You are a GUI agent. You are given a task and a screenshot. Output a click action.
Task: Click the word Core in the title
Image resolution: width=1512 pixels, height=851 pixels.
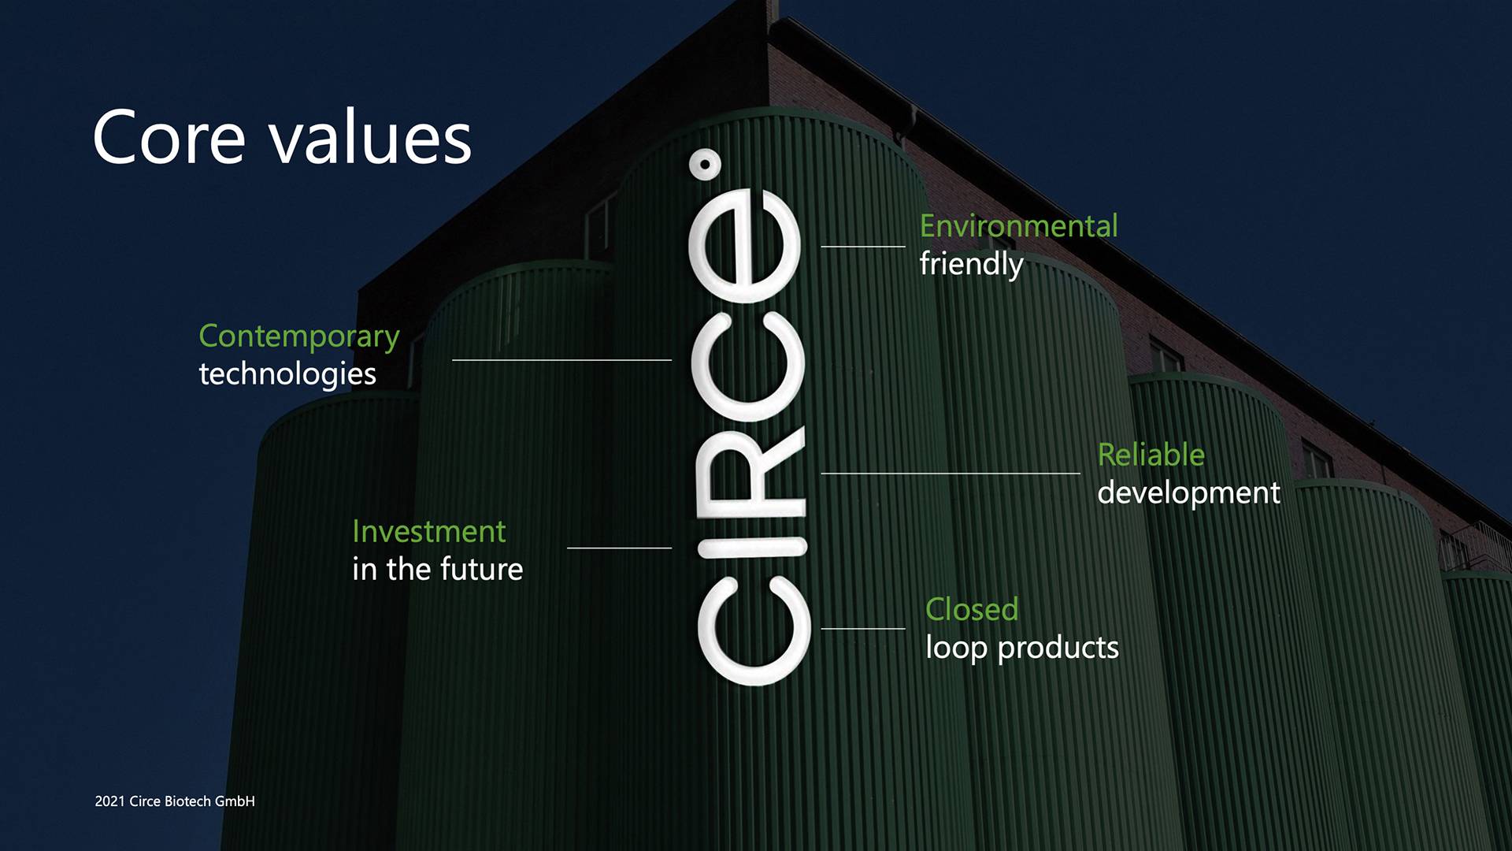point(169,138)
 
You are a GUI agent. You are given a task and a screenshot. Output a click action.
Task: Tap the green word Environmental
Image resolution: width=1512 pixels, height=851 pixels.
point(1019,226)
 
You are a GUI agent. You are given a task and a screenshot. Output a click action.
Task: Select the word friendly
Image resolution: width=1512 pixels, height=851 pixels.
point(972,265)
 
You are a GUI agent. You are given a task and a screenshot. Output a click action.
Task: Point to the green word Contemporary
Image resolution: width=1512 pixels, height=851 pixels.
point(299,337)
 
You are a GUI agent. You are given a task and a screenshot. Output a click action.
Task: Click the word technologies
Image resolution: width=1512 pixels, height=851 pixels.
point(287,374)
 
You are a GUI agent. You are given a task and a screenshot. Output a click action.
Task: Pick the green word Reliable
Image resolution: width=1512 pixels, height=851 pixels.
point(1151,455)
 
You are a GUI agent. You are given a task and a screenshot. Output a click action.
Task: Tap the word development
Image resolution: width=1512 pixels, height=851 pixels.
point(1189,493)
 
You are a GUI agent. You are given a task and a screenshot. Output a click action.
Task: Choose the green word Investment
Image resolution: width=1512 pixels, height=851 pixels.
point(429,531)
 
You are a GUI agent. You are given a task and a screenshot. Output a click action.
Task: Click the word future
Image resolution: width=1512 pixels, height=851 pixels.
point(481,569)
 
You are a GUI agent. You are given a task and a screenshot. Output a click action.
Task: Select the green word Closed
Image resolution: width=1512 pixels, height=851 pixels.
point(972,609)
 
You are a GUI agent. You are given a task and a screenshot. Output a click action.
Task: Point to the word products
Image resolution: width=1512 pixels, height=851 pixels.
point(1058,648)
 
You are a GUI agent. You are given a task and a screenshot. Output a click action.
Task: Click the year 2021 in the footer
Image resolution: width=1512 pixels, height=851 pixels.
point(109,801)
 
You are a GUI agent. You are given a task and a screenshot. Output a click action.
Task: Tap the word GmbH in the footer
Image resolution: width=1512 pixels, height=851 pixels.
point(235,801)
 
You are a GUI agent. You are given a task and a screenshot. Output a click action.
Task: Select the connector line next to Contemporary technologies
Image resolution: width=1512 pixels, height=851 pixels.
point(561,360)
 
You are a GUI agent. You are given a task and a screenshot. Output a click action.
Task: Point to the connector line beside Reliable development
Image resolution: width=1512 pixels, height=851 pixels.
point(951,474)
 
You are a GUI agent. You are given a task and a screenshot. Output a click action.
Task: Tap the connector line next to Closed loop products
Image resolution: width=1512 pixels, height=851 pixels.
point(863,629)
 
